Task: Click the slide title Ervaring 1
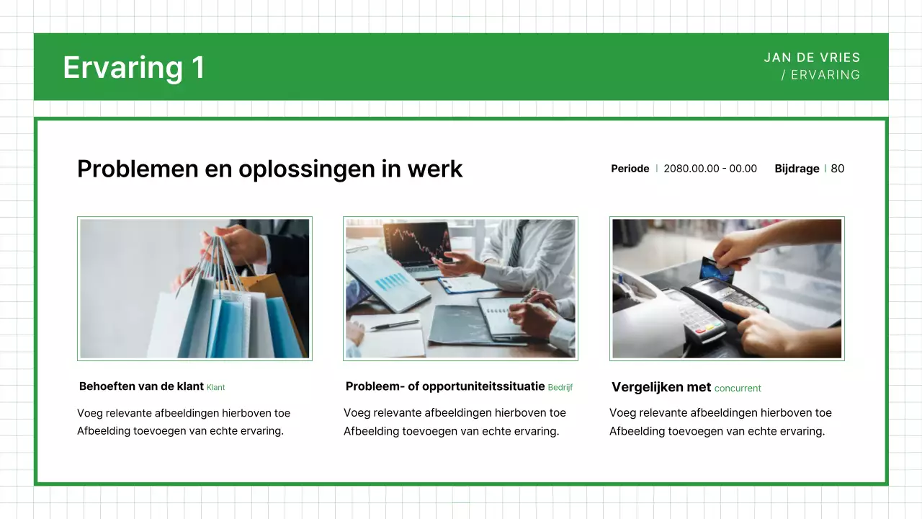click(134, 67)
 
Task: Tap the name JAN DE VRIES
click(812, 58)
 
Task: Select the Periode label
click(630, 169)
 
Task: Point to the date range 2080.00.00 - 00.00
click(710, 169)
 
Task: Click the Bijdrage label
click(797, 169)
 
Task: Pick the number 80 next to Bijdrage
click(837, 169)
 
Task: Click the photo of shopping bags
click(194, 288)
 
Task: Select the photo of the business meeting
click(460, 288)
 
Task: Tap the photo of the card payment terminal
click(727, 288)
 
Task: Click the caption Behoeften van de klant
click(141, 386)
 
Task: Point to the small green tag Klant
click(215, 388)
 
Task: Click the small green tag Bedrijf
click(560, 388)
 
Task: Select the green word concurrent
click(738, 389)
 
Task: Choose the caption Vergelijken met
click(661, 387)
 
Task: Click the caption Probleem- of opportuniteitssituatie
click(444, 386)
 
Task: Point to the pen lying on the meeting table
click(394, 325)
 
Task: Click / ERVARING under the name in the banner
click(820, 75)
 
